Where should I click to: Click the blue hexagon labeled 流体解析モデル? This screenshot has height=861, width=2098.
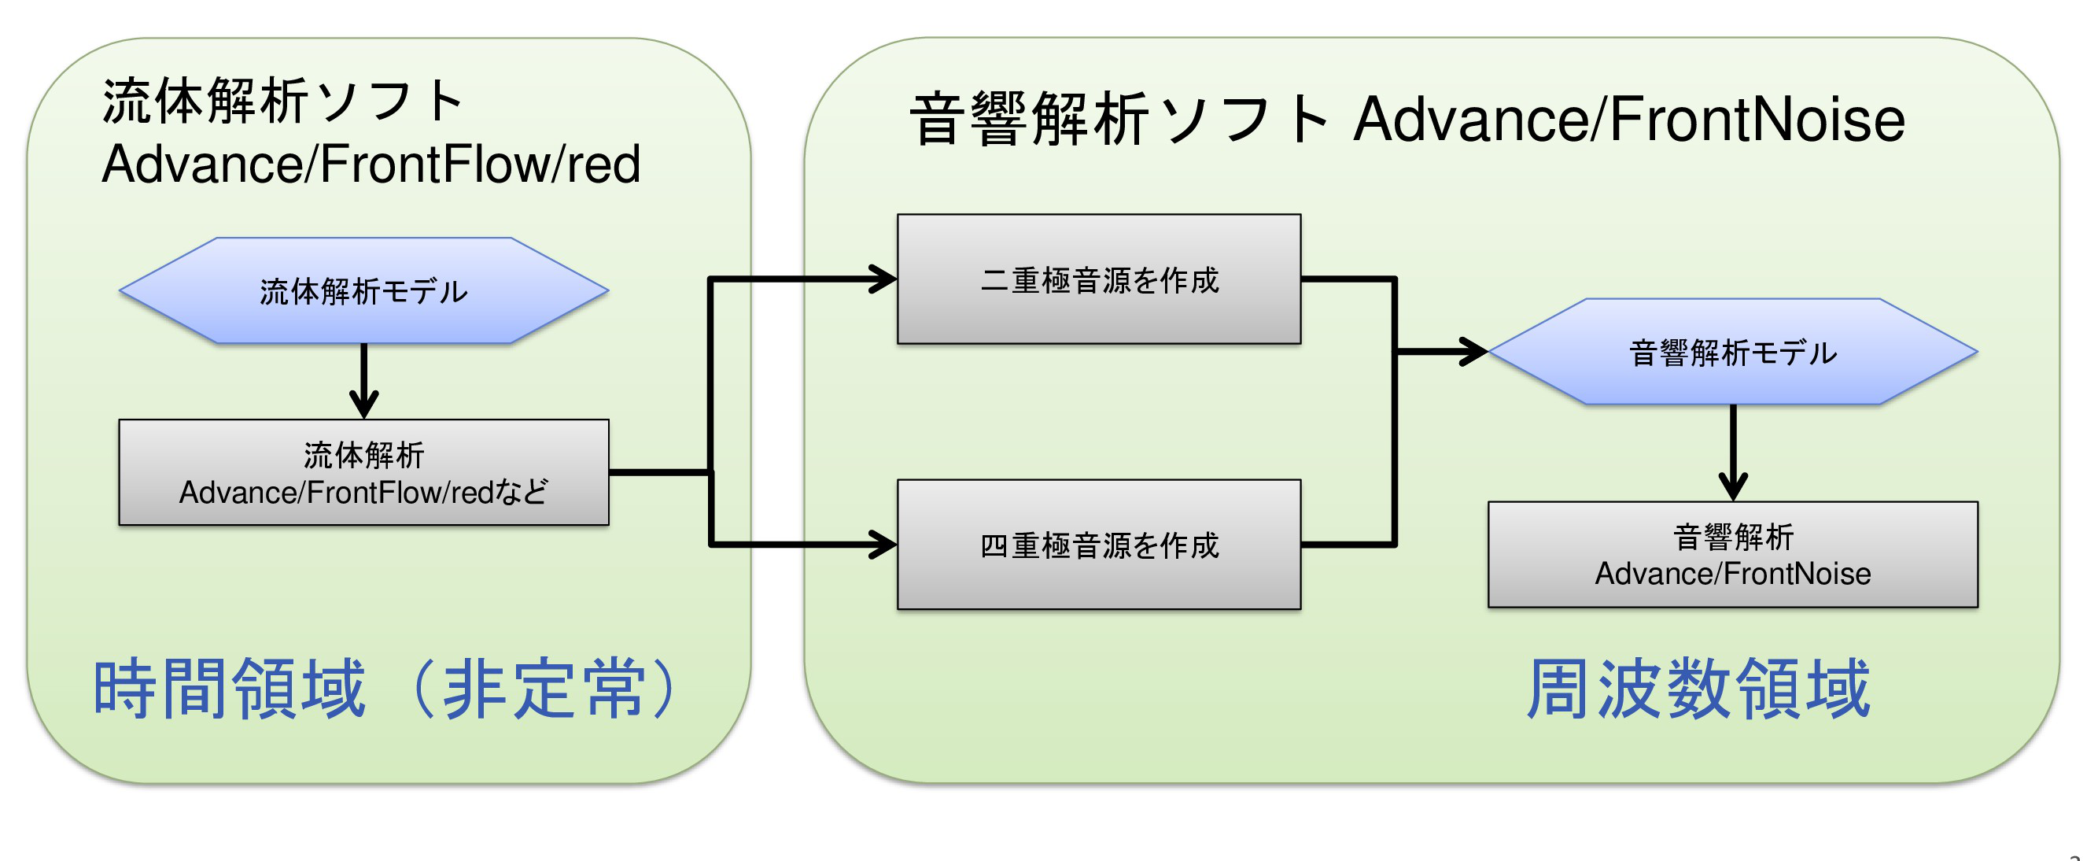(364, 290)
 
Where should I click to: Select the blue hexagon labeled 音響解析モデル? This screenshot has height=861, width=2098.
(1732, 352)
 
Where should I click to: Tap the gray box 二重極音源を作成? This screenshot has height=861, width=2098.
(1099, 279)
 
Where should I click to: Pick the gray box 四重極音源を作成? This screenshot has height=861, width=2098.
(1099, 544)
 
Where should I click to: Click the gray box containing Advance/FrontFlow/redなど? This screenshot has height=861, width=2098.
(364, 472)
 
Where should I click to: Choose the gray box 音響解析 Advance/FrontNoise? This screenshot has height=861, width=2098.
(1732, 555)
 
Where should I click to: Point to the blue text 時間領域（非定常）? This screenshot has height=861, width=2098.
(388, 689)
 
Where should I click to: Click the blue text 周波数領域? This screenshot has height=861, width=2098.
(1698, 689)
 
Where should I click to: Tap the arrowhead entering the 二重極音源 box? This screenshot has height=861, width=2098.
(884, 279)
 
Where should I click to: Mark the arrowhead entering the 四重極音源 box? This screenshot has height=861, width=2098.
(884, 544)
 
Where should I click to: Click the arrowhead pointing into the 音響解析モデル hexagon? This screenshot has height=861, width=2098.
(1474, 352)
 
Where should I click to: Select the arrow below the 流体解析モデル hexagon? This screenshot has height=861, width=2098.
(364, 381)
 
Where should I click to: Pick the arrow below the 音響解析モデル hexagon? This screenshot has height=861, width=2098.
(1732, 453)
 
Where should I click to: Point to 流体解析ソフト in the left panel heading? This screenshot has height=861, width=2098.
(282, 101)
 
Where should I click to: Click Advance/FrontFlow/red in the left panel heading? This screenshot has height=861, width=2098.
(371, 164)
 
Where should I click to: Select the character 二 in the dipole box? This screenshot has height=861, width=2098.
(994, 280)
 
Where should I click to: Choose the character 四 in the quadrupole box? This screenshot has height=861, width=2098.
(994, 545)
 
